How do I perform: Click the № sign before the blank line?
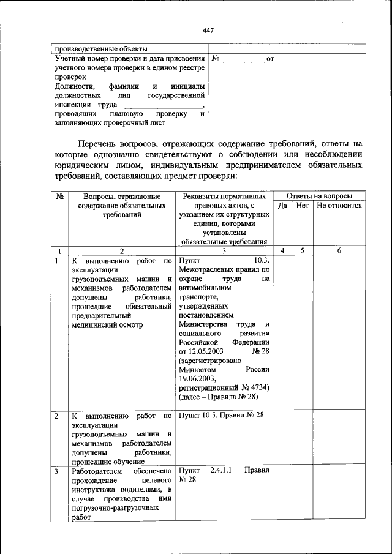[216, 59]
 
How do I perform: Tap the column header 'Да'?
[282, 206]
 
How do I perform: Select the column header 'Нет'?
[303, 206]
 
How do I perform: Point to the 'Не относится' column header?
[339, 206]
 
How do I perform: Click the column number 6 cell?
[339, 250]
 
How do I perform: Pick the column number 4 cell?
[282, 250]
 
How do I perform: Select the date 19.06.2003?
[198, 379]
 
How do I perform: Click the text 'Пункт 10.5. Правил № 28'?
[221, 415]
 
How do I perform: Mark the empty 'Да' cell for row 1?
[282, 331]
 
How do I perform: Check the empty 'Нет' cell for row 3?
[303, 493]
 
